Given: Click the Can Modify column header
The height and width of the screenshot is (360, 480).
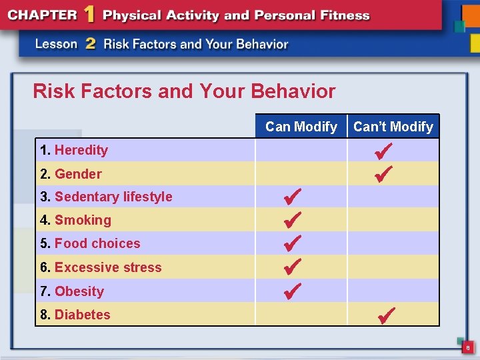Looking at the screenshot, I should point(301,127).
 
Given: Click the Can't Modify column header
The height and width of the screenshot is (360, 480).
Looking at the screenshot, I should point(393,127).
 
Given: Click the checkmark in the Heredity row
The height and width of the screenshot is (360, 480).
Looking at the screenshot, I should point(384,150).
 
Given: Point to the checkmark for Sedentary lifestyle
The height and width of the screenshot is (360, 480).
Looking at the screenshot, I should point(293,196).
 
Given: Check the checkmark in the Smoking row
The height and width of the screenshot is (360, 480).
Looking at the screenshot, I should point(293,219).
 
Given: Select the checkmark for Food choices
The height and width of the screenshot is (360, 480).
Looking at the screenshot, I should point(293,243).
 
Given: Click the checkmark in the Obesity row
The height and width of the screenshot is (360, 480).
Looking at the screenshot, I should point(293,291).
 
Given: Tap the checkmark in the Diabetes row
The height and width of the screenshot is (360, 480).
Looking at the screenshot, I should point(387,314).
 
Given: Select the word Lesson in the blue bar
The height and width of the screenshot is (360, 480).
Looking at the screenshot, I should point(56,44).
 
